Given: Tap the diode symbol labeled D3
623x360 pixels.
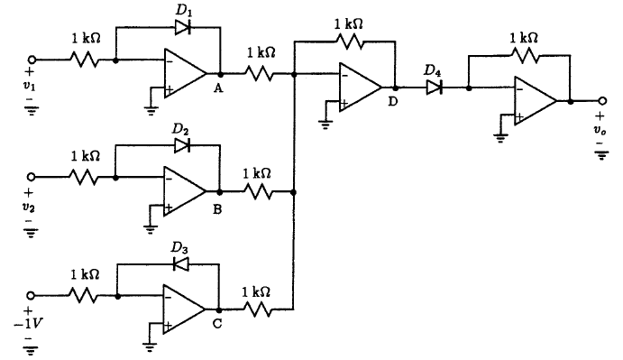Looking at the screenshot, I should pyautogui.click(x=180, y=264).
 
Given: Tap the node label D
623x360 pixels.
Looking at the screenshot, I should pyautogui.click(x=392, y=102).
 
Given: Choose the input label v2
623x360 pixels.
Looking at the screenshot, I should pyautogui.click(x=29, y=206).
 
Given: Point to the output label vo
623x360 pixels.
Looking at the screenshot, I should pyautogui.click(x=600, y=130).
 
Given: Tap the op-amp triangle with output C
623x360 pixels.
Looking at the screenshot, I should pyautogui.click(x=181, y=309).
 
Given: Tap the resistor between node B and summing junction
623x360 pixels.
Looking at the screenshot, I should pyautogui.click(x=257, y=191).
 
